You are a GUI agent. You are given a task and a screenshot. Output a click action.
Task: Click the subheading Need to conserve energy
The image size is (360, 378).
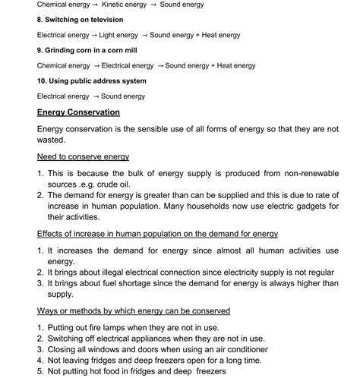pyautogui.click(x=83, y=157)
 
